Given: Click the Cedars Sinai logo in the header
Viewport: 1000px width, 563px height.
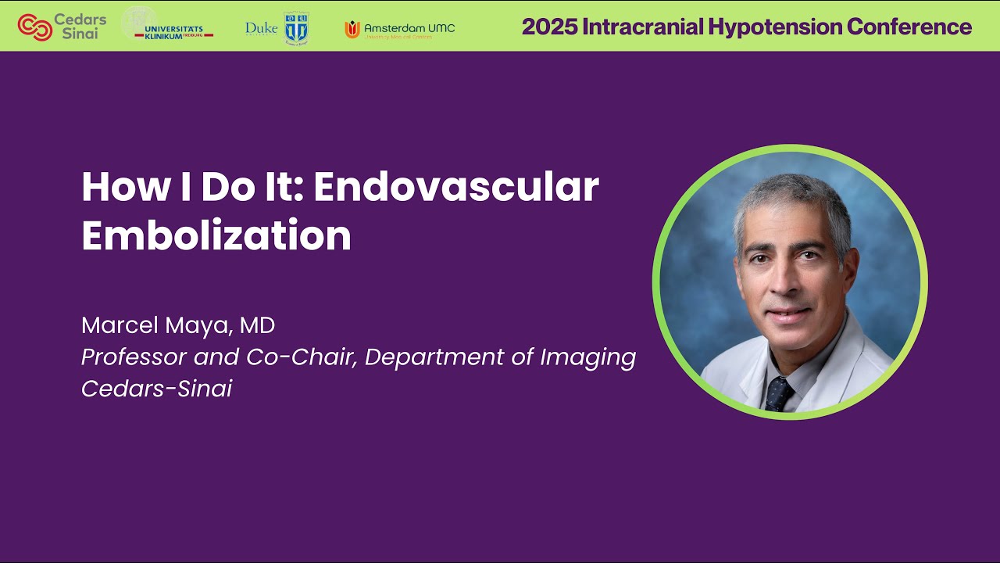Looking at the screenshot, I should coord(62,27).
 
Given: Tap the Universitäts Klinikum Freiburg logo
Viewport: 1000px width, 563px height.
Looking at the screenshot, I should coord(167,26).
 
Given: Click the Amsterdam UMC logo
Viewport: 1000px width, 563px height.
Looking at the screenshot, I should coord(399,29).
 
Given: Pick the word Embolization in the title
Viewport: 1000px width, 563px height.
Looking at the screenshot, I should coord(216,235).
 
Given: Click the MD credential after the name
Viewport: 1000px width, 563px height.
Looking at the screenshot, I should coord(257,325).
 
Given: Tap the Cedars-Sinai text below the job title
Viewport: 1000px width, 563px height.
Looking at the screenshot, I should coord(156,389).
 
